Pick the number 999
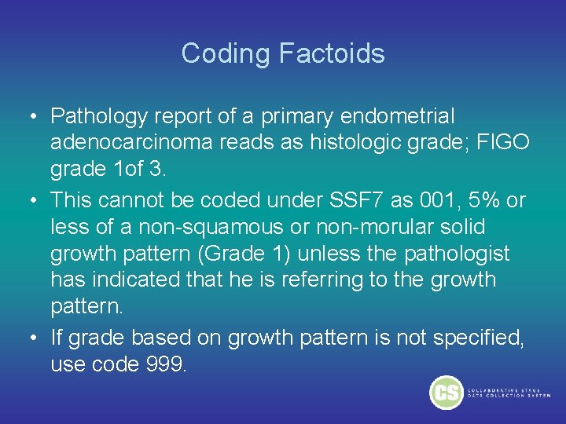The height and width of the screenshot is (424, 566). tap(162, 366)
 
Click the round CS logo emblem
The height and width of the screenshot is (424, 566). tap(446, 391)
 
